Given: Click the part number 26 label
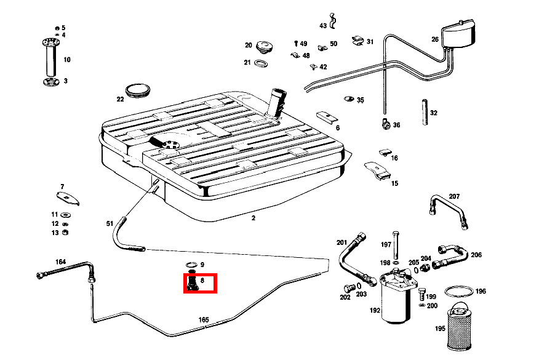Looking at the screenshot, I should pos(435,39).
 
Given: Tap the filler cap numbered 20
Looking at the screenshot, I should pos(265,47).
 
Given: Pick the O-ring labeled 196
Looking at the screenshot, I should pos(458,290).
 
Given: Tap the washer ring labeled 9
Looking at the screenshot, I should pos(191,265).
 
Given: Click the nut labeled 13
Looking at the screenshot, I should pos(66,232).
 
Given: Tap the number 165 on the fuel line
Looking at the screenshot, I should pos(204,320).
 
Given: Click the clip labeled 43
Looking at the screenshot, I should pos(333,22).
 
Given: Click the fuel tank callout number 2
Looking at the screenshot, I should pos(253,217).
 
